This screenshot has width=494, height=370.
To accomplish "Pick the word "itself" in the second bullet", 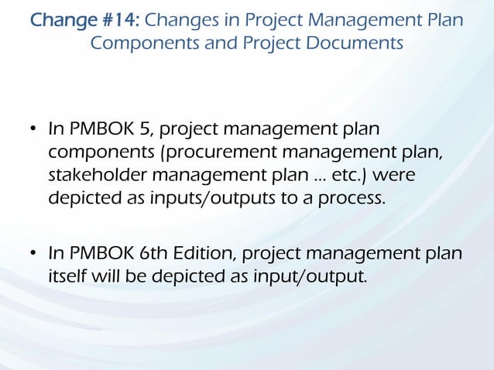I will coord(69,276).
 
